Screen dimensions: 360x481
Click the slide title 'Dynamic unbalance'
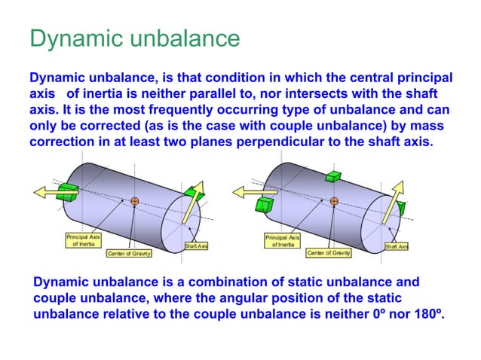135,38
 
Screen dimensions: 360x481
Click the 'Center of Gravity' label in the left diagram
130,253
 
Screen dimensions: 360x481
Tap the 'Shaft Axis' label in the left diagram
196,246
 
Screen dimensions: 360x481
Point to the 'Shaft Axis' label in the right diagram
397,246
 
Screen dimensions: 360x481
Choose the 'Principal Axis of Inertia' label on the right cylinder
282,240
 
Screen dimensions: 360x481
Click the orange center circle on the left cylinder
134,201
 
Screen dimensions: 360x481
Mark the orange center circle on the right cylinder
333,200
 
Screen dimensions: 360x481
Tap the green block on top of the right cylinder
333,176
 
